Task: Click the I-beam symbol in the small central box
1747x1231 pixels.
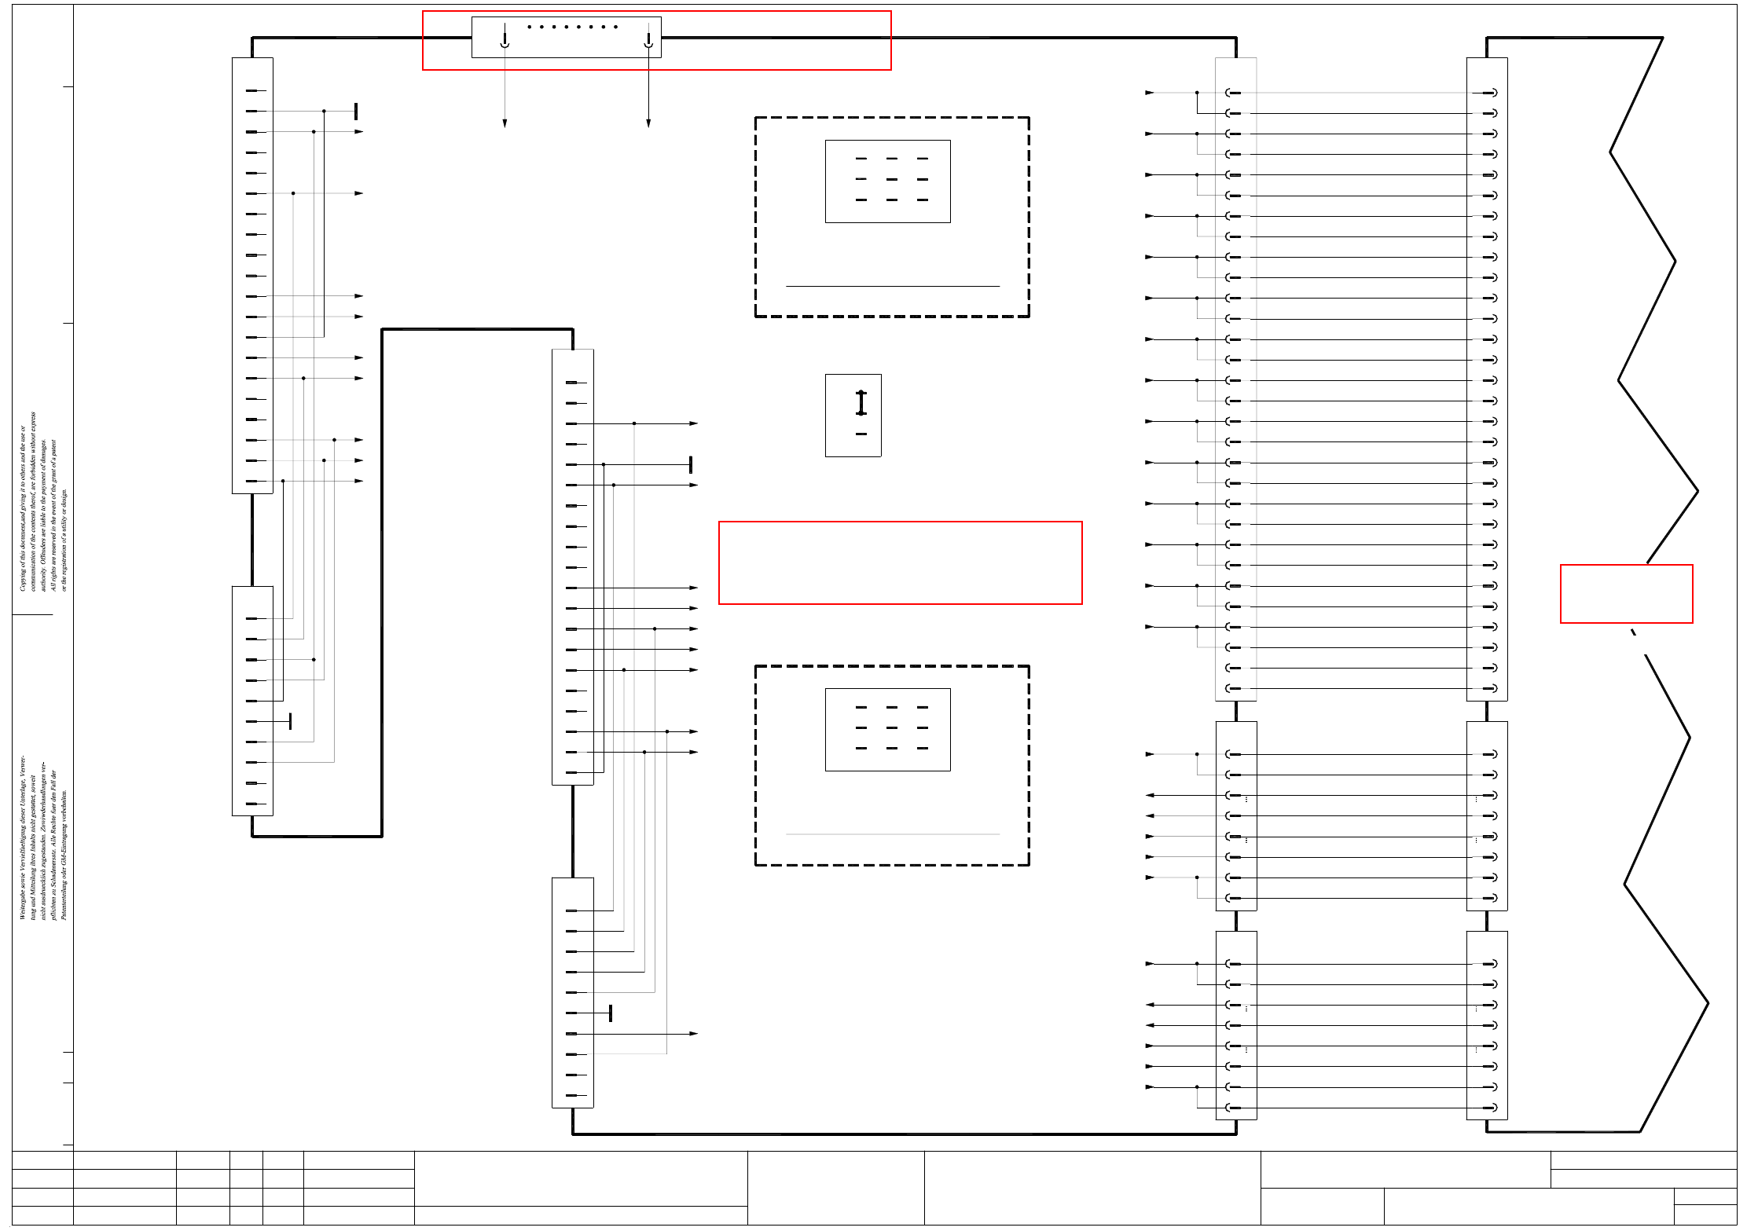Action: pyautogui.click(x=861, y=402)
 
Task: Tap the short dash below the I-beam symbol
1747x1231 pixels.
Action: pyautogui.click(x=861, y=434)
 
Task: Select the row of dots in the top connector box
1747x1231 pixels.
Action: pyautogui.click(x=572, y=27)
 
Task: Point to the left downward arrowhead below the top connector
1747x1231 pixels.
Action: pyautogui.click(x=505, y=123)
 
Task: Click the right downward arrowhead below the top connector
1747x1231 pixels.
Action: pyautogui.click(x=648, y=123)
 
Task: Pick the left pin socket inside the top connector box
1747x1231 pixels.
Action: pyautogui.click(x=505, y=41)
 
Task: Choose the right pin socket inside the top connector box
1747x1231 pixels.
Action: pyautogui.click(x=648, y=41)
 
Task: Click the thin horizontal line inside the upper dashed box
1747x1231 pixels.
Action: pyautogui.click(x=892, y=286)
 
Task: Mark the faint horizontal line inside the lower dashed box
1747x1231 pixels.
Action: pyautogui.click(x=892, y=834)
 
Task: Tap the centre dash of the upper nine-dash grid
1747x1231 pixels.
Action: pyautogui.click(x=892, y=179)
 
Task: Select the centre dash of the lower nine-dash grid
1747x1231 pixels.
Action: pyautogui.click(x=892, y=727)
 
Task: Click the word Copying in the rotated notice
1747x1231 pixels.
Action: pyautogui.click(x=23, y=577)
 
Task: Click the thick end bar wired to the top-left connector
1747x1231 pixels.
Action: pyautogui.click(x=356, y=112)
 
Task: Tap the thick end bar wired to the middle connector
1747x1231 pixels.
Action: pyautogui.click(x=691, y=464)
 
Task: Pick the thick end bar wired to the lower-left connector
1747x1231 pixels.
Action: pyautogui.click(x=291, y=721)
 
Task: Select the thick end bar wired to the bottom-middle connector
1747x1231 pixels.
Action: pyautogui.click(x=611, y=1013)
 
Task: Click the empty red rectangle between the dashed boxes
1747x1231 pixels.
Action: pyautogui.click(x=900, y=562)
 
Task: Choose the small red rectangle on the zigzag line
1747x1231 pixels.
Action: pyautogui.click(x=1626, y=594)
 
